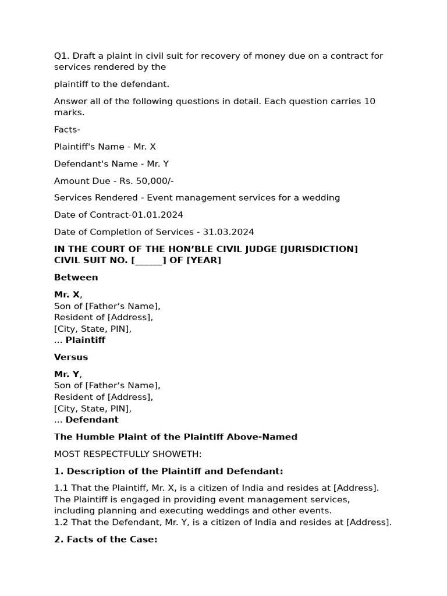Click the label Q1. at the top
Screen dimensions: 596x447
62,56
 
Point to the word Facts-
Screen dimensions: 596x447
67,130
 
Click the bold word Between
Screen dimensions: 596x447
76,277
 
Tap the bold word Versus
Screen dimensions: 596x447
71,357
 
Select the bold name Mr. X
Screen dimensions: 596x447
67,295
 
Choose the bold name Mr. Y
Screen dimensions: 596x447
67,374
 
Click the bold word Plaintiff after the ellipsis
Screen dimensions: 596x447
85,340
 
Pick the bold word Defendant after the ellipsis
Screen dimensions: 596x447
92,420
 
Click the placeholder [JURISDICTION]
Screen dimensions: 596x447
319,249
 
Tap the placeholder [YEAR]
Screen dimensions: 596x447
204,260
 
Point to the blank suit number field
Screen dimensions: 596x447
149,260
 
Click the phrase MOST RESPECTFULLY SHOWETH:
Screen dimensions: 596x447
127,454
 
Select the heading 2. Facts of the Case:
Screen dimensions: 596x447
106,540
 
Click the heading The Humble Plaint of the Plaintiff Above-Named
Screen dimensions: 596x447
176,437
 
